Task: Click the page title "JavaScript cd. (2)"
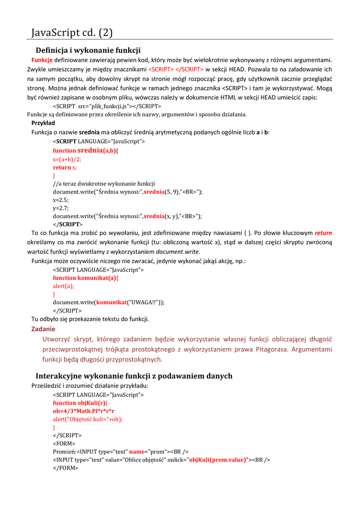tap(72, 33)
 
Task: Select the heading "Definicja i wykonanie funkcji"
tap(88, 50)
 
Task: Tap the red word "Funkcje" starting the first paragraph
tap(42, 60)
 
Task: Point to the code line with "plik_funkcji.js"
tap(107, 106)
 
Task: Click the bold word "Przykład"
tap(43, 123)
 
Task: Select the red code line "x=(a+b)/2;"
tap(67, 159)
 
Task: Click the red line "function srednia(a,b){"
tap(90, 150)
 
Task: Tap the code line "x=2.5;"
tap(61, 199)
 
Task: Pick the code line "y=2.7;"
tap(61, 208)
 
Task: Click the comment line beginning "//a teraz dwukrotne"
tap(104, 183)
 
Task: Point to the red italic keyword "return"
tap(323, 233)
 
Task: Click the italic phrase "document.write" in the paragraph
tap(179, 252)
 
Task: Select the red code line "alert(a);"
tap(64, 286)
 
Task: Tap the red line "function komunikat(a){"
tap(86, 278)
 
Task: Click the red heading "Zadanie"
tap(43, 329)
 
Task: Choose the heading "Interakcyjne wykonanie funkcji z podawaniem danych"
tap(134, 376)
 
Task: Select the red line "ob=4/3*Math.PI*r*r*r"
tap(84, 411)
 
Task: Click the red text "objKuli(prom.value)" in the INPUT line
tap(217, 459)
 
